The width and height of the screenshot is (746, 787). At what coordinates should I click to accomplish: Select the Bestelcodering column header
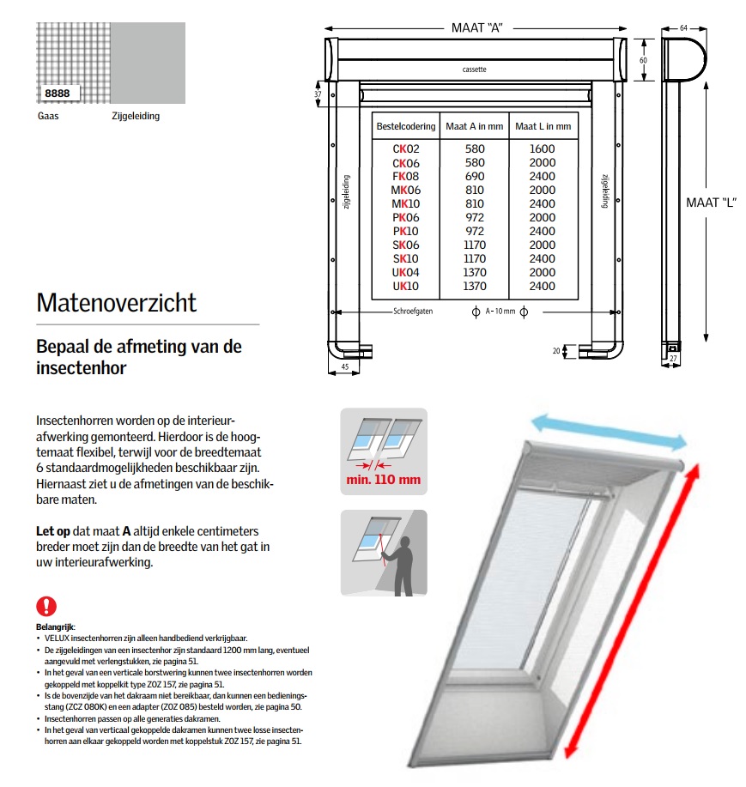pyautogui.click(x=404, y=127)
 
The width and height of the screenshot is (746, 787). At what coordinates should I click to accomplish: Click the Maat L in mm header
pyautogui.click(x=543, y=127)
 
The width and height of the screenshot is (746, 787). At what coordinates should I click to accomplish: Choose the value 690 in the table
pyautogui.click(x=474, y=176)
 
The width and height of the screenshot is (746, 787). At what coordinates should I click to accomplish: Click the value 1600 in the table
pyautogui.click(x=543, y=148)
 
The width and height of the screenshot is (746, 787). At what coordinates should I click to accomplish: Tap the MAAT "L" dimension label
pyautogui.click(x=711, y=203)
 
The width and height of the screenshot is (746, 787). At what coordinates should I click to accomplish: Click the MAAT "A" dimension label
pyautogui.click(x=476, y=27)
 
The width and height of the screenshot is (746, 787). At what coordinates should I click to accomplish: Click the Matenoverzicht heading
pyautogui.click(x=117, y=303)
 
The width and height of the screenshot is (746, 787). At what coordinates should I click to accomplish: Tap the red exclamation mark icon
pyautogui.click(x=46, y=606)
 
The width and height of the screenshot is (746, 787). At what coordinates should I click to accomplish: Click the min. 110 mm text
pyautogui.click(x=383, y=479)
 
